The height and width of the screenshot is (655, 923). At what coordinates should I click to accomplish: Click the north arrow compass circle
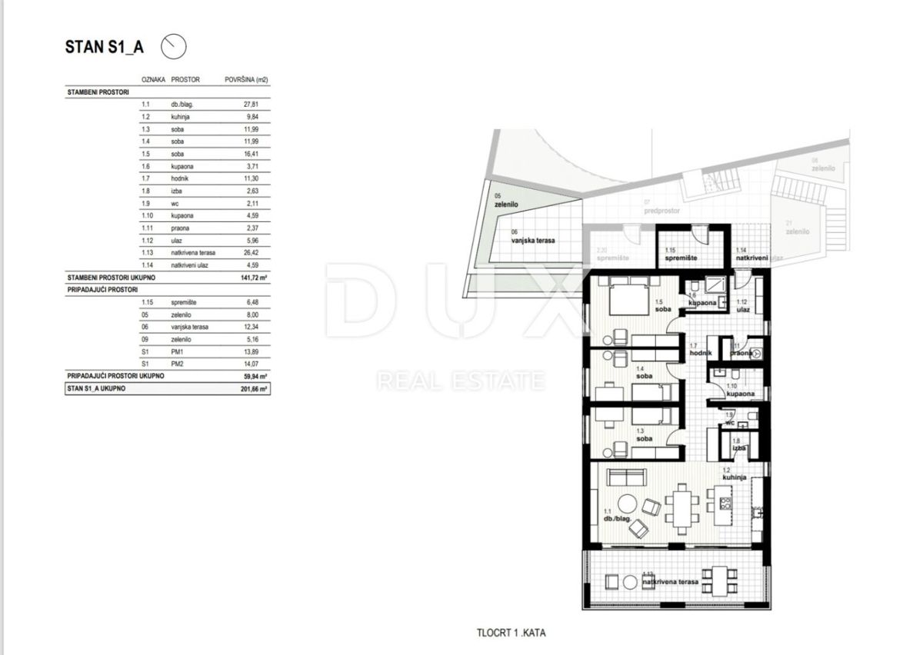coord(173,47)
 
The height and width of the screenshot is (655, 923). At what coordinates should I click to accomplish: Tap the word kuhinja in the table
coord(181,117)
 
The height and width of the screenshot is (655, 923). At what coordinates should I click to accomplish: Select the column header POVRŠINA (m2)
coord(245,79)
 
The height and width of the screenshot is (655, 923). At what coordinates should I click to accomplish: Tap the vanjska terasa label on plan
coord(534,240)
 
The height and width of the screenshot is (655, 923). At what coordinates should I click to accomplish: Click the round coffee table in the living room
coord(628,504)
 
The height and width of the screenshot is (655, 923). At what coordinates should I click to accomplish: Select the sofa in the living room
coord(624,477)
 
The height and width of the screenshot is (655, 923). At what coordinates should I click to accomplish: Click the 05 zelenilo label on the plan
coord(507,202)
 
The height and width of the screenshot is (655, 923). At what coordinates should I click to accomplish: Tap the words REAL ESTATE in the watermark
coord(461,380)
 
